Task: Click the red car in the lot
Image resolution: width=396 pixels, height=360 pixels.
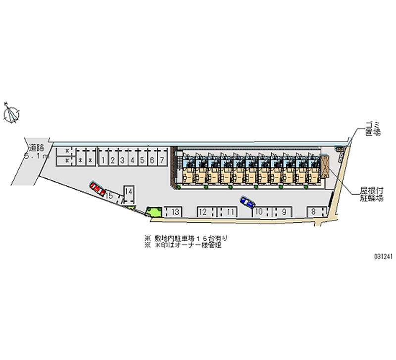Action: [97, 188]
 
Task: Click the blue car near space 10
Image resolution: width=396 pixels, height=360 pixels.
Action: [247, 202]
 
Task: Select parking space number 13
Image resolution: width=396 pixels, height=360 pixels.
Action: [175, 212]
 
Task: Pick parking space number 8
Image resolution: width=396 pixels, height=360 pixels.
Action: [313, 212]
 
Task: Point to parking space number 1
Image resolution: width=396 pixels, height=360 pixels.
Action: [103, 160]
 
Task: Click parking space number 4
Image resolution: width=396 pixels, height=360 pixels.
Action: [132, 160]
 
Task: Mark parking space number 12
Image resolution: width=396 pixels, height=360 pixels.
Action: [203, 212]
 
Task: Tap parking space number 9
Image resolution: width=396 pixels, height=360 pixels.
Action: [284, 212]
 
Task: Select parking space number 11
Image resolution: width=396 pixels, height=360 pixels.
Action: [231, 212]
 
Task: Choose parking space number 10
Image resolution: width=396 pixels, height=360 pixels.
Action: [258, 212]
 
